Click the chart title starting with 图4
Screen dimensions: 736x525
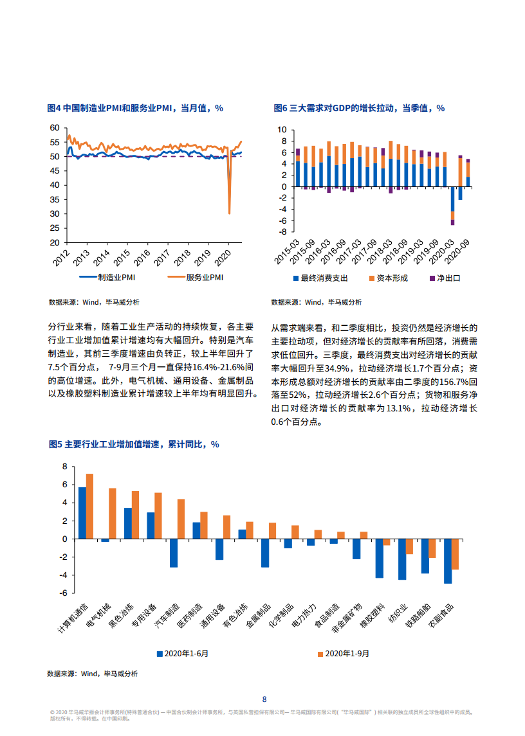[x=135, y=108]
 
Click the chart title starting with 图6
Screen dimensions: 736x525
[x=359, y=108]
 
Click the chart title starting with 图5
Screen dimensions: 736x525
[x=134, y=444]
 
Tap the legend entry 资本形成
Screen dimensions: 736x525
[x=387, y=278]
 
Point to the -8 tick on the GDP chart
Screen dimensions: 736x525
[x=282, y=232]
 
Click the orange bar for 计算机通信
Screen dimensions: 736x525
[x=89, y=506]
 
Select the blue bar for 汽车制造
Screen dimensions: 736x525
[x=173, y=553]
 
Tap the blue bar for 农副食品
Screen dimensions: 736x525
[x=448, y=561]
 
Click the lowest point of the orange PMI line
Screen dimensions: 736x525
[x=230, y=213]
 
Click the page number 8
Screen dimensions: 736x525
[x=264, y=699]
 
